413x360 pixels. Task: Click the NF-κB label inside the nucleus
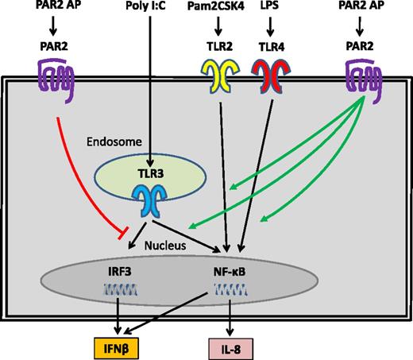[x=229, y=270]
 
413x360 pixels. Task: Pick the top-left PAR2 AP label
[x=54, y=11]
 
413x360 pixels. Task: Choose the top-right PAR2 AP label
[x=357, y=11]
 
